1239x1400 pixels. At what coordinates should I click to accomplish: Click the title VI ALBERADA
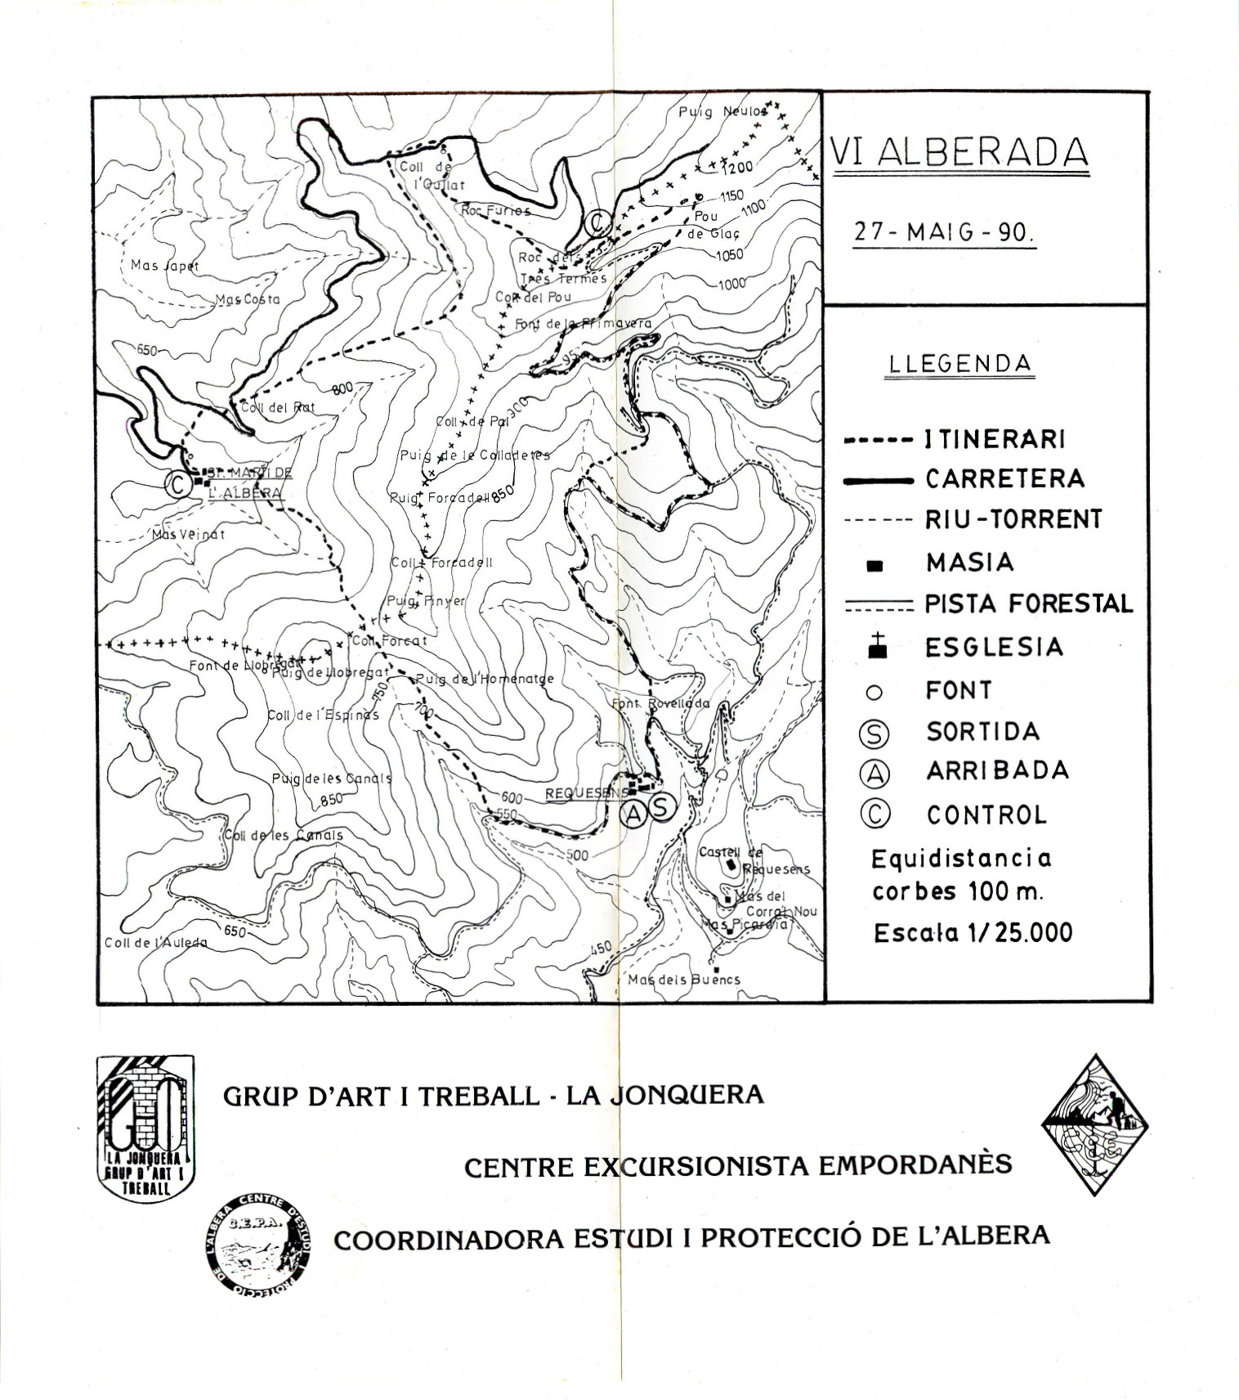tap(959, 152)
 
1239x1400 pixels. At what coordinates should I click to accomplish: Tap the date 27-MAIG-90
tap(944, 231)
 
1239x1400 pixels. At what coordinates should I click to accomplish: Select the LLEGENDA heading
tap(959, 363)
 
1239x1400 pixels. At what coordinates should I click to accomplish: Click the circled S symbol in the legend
tap(874, 733)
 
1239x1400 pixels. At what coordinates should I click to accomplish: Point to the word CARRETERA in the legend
tap(1004, 478)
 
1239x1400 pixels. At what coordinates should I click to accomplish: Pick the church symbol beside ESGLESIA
tap(876, 647)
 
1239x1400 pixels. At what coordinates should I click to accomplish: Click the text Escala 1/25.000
tap(973, 933)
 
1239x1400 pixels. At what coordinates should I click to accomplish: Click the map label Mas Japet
tap(164, 266)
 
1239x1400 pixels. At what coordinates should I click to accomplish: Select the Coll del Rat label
tap(277, 406)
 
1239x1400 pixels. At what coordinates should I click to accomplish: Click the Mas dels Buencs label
tap(684, 979)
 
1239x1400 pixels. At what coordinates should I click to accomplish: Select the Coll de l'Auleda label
tap(155, 943)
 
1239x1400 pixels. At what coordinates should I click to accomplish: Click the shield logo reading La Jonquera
tap(145, 1125)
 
